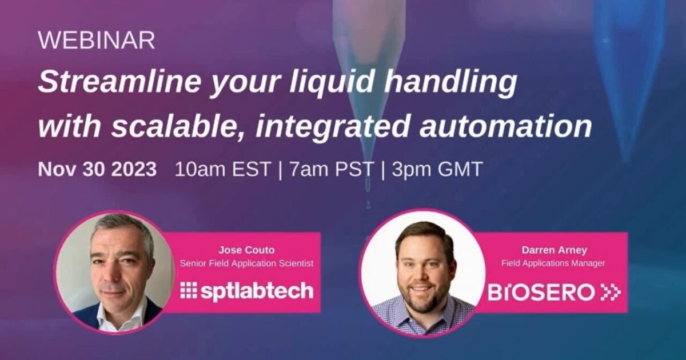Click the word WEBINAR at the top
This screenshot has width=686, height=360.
coord(96,41)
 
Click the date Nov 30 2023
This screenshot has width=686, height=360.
coord(97,170)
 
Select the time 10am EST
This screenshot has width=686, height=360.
coord(223,170)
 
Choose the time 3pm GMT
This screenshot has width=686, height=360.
coord(437,170)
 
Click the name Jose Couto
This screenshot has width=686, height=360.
coord(246,250)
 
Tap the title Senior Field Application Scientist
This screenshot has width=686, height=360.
coord(246,263)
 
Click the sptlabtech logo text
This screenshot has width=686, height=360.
coord(257,291)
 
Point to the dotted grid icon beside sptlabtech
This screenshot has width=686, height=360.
coord(188,291)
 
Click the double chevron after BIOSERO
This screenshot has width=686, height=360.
coord(611,292)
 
